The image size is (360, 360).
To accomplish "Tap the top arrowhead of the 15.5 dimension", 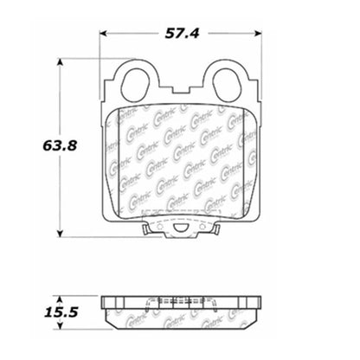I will click(x=59, y=292).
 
